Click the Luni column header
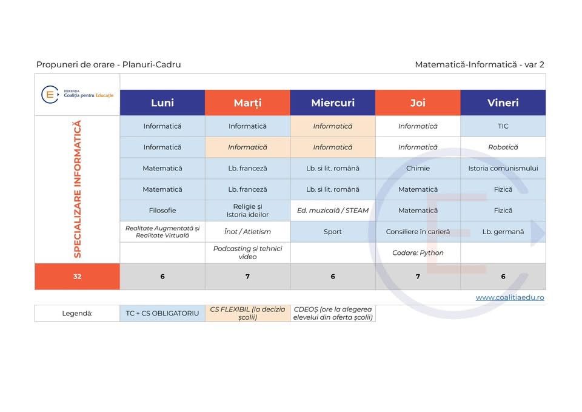point(162,103)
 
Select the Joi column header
point(418,103)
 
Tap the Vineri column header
point(503,103)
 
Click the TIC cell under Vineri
point(503,126)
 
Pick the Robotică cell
point(503,147)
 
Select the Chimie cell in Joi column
point(418,168)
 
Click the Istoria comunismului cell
point(503,168)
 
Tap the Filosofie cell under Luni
point(162,211)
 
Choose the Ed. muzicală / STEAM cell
point(333,211)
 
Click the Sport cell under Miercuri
point(333,232)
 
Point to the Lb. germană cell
point(503,232)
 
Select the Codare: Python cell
point(418,252)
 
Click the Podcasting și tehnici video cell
point(247,252)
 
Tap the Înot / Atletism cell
point(247,232)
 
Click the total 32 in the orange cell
point(77,276)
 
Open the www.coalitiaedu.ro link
point(510,297)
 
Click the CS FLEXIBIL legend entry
point(247,313)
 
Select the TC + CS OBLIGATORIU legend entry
point(162,313)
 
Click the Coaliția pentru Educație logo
point(77,94)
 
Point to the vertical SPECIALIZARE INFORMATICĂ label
point(77,189)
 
